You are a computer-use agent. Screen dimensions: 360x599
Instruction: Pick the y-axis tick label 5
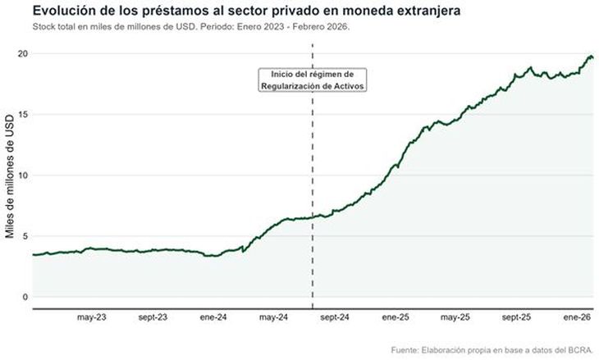point(25,236)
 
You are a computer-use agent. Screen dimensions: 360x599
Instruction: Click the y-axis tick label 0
point(25,297)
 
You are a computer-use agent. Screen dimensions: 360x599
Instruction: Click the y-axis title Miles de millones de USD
point(10,175)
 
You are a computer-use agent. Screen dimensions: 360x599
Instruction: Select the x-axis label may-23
point(91,317)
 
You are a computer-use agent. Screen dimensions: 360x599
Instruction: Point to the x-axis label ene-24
point(213,317)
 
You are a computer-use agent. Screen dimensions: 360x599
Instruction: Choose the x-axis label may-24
point(272,317)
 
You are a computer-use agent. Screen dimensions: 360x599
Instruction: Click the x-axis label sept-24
point(333,317)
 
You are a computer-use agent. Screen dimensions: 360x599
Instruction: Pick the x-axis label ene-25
point(395,317)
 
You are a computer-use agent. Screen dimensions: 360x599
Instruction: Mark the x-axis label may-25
point(454,317)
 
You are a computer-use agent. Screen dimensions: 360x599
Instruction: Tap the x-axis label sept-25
point(515,317)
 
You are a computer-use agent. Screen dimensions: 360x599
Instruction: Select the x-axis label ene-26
point(576,317)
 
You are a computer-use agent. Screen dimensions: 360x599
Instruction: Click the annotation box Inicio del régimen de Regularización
point(312,80)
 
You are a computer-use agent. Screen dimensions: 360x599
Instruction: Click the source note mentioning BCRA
point(492,351)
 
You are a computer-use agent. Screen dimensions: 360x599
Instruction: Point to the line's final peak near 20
point(590,56)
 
